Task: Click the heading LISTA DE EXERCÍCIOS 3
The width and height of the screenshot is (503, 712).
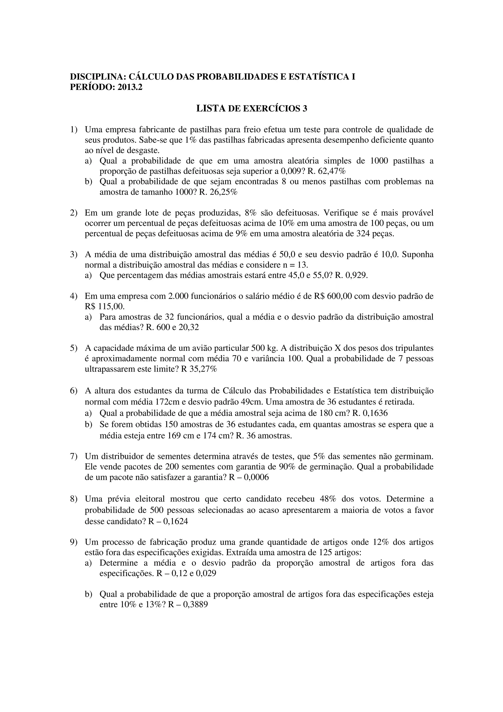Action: tap(252, 108)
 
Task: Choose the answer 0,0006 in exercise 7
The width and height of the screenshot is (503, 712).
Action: tap(257, 477)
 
